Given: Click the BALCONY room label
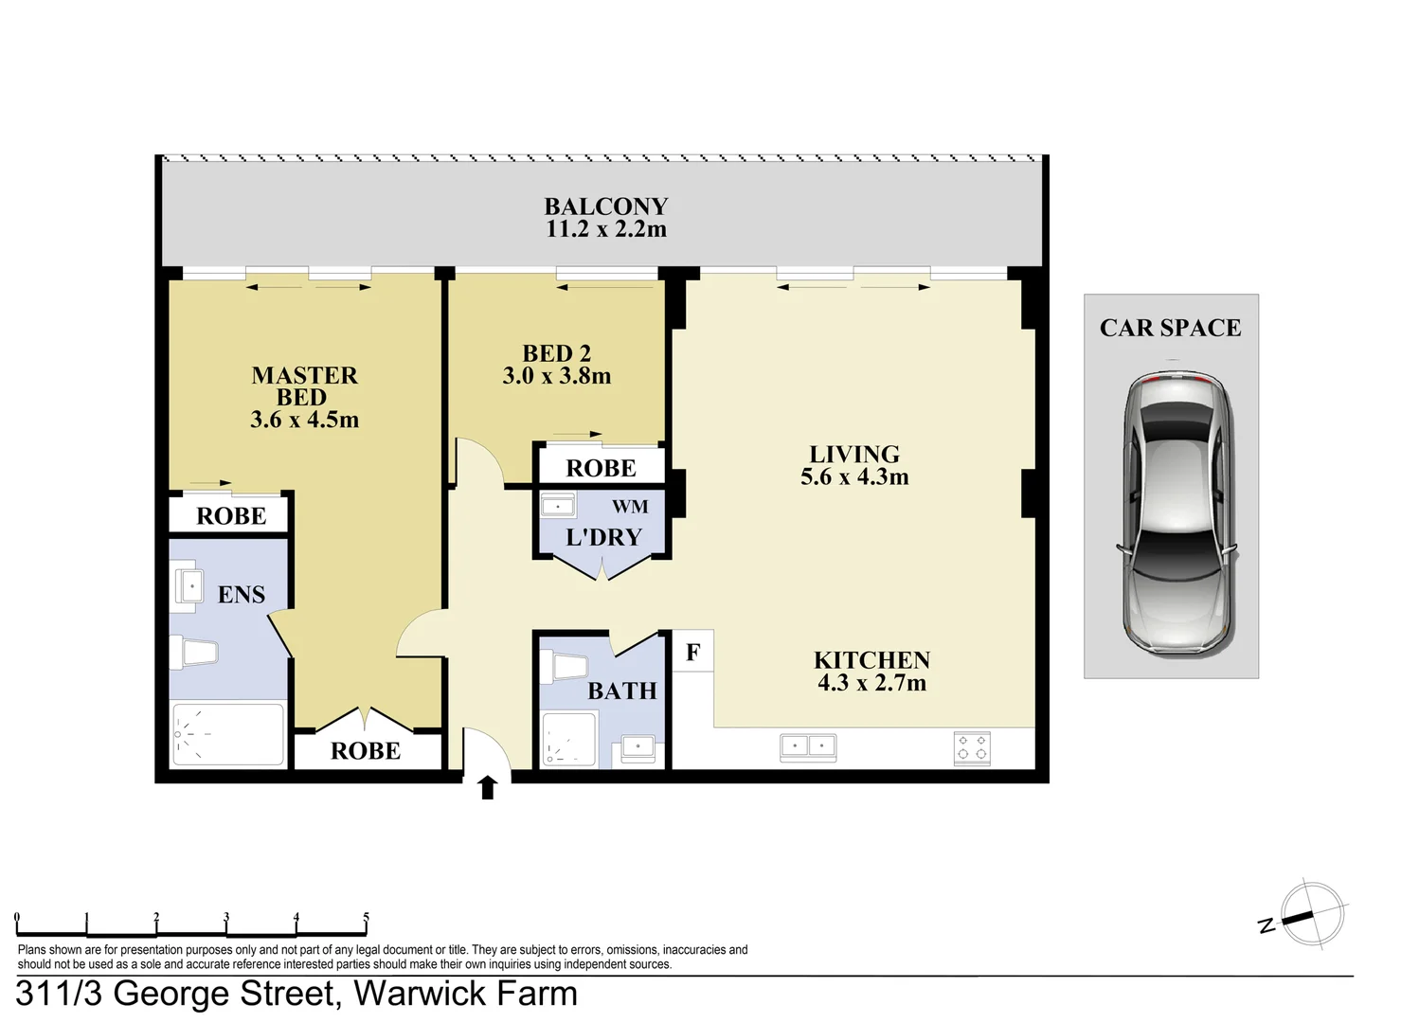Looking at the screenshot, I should click(x=605, y=206).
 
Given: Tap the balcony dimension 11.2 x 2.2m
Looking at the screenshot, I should click(x=605, y=229).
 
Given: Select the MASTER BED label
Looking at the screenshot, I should click(x=304, y=386).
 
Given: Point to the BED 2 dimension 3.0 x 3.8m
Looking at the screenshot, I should click(x=556, y=376).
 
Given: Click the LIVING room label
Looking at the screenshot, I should click(x=854, y=455).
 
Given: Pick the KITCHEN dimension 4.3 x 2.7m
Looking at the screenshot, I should click(x=871, y=683).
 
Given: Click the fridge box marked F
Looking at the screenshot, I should click(x=692, y=653).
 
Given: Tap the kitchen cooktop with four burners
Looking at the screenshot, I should click(x=972, y=747).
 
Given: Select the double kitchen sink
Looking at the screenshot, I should click(x=808, y=747).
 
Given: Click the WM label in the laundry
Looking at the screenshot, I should click(x=630, y=507).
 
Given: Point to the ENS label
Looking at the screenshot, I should click(x=241, y=595).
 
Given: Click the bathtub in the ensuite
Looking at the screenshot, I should click(x=227, y=734).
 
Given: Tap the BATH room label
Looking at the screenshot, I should click(x=621, y=691).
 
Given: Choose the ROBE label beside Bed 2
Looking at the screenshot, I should click(x=601, y=468).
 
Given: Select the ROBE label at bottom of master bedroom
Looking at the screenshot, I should click(x=365, y=751).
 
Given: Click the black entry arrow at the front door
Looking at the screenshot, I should click(x=488, y=787).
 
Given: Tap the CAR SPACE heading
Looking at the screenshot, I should click(x=1170, y=328).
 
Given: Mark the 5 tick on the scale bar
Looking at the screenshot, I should click(x=366, y=918).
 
